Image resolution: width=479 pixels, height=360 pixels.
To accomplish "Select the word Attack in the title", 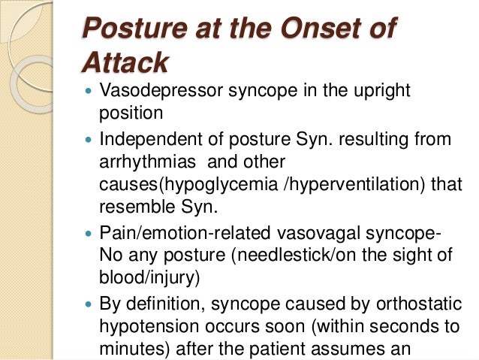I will click(125, 62).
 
